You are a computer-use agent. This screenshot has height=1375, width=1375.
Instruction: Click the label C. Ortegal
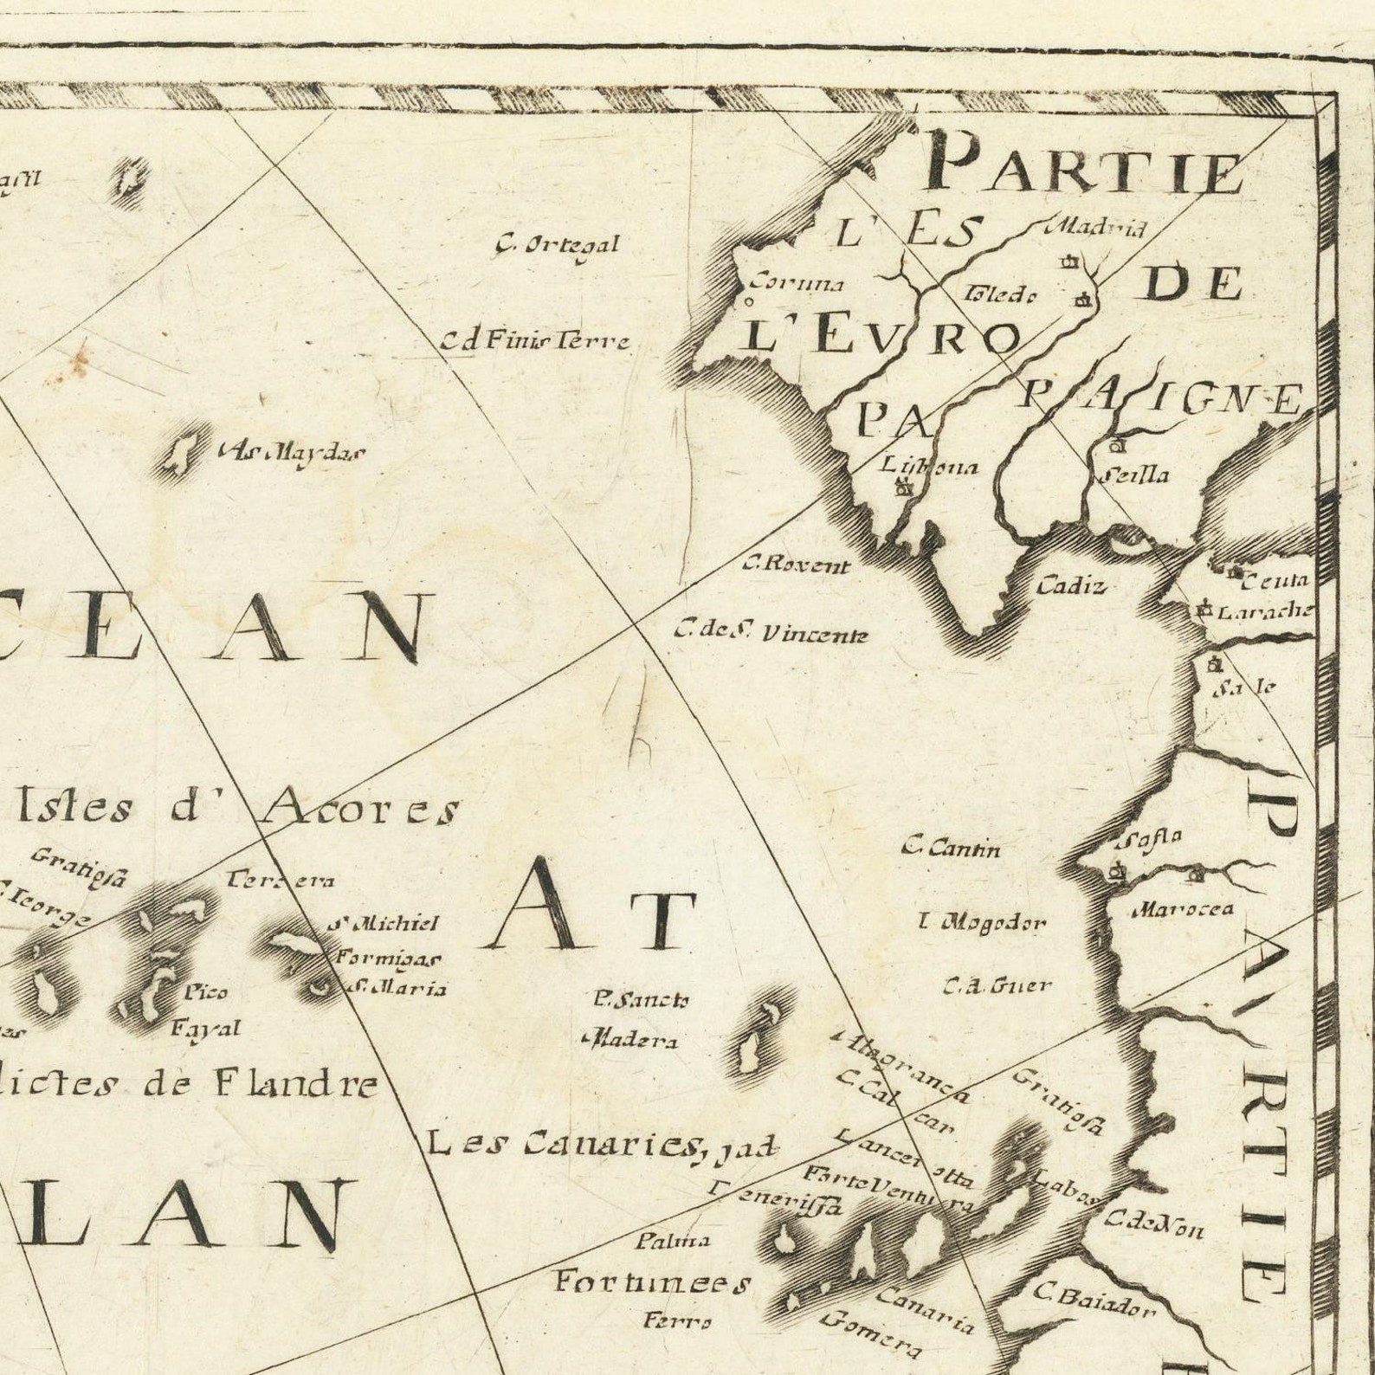point(557,246)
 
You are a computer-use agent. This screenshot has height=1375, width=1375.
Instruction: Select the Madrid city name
point(1096,229)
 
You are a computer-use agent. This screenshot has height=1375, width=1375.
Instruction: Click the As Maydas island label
point(293,452)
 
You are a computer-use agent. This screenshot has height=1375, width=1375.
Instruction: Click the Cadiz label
point(1071,586)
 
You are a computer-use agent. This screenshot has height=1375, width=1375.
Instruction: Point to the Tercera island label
point(280,881)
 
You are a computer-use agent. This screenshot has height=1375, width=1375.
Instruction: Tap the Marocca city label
point(1182,909)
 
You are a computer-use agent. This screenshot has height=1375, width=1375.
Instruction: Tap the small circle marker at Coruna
point(747,303)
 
